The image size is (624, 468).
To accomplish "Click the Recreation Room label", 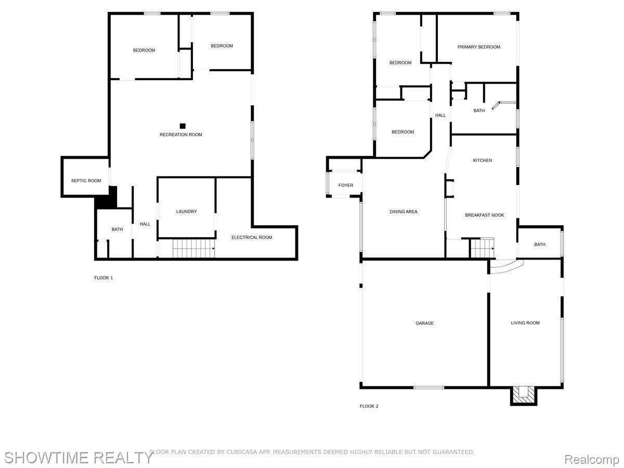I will tap(180, 135).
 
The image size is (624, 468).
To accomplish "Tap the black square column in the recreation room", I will tap(183, 126).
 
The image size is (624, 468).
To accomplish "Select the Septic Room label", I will tap(86, 181).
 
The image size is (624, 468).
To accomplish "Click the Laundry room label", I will tap(186, 212).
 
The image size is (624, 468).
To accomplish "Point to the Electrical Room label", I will tap(252, 238).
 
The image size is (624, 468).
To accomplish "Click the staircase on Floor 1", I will tap(193, 249).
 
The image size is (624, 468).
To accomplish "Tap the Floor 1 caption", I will tap(103, 278).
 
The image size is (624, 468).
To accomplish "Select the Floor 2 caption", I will tap(369, 406).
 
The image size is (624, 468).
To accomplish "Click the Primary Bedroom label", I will tap(478, 47).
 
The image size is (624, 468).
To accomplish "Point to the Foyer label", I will tap(346, 186).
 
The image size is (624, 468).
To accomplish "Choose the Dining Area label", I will tap(404, 212).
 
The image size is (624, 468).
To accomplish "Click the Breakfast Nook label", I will tap(484, 215).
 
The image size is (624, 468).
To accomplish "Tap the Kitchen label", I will tap(482, 161).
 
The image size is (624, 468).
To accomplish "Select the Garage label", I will tap(424, 323).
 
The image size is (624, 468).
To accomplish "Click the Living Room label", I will tap(525, 323).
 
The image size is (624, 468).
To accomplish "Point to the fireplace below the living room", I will tap(523, 395).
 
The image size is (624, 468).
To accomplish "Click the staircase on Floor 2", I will tap(482, 248).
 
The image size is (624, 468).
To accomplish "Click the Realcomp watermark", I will tap(591, 459).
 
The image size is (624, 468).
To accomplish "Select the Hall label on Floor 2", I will tap(440, 115).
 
